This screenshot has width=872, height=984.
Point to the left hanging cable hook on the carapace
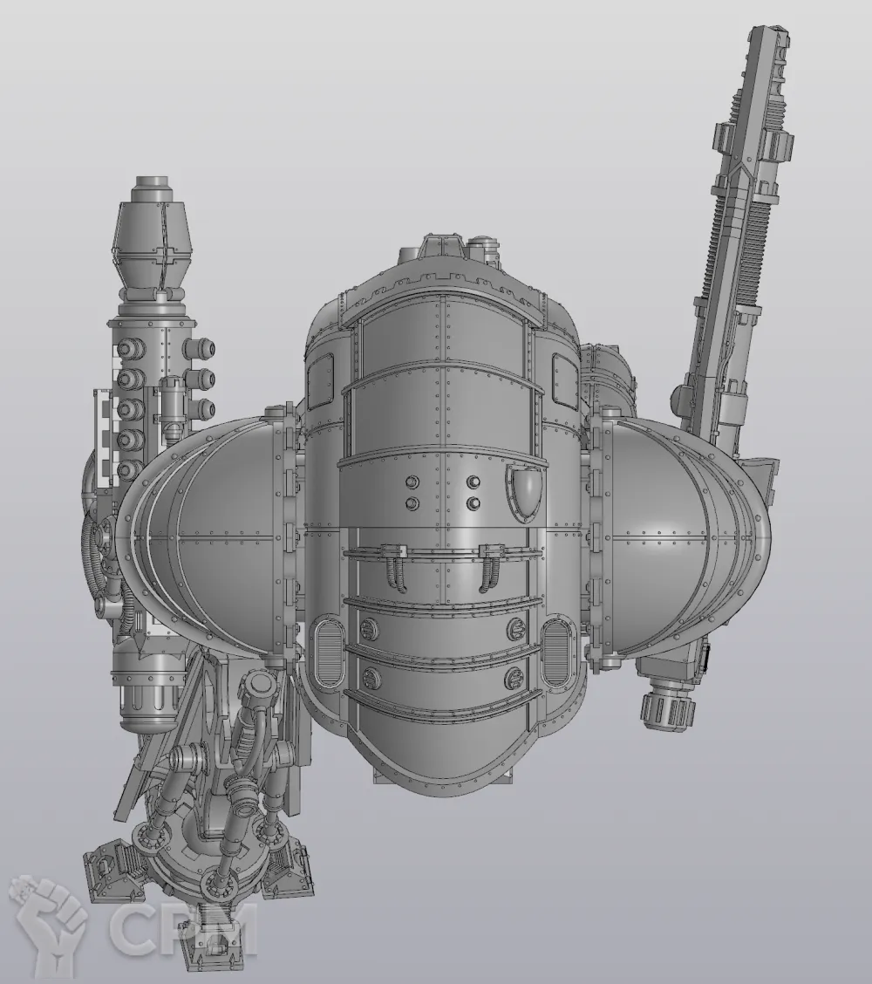397,569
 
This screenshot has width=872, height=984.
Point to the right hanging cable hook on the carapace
488,569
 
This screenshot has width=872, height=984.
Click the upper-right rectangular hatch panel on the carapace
563,378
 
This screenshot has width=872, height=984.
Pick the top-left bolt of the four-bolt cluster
412,482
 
